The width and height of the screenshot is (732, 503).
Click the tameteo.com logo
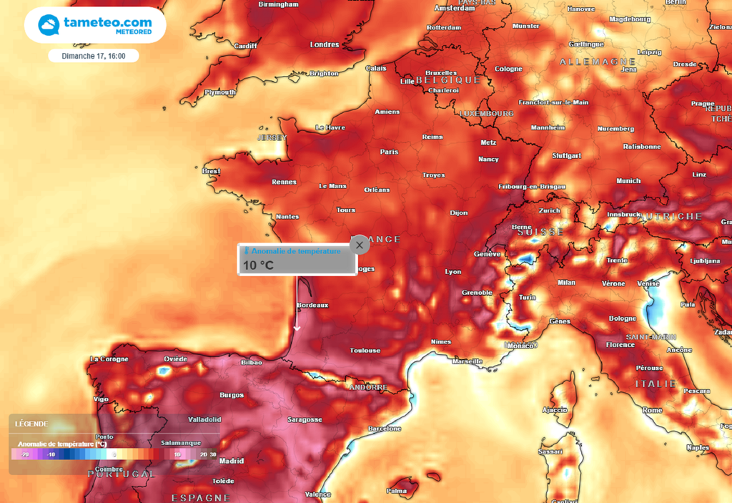click(95, 26)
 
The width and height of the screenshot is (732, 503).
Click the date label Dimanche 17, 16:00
click(94, 56)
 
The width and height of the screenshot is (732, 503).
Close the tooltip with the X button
click(360, 245)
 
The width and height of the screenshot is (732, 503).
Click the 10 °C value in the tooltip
click(258, 265)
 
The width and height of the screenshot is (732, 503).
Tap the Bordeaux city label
click(312, 306)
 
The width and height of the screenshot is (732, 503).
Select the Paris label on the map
click(389, 152)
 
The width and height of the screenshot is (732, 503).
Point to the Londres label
click(324, 44)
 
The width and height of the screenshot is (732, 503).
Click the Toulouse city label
click(365, 351)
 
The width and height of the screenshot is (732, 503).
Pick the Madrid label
click(232, 462)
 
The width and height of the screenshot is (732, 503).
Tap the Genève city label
click(487, 255)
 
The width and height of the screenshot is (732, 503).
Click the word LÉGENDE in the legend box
click(31, 424)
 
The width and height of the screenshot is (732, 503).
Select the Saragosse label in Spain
click(304, 420)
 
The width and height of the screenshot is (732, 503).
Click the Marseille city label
click(468, 361)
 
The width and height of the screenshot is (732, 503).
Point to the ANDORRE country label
click(367, 388)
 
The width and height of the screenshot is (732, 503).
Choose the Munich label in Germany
click(628, 181)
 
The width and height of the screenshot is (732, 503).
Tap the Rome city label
click(652, 410)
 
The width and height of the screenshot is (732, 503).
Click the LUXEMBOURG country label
click(486, 114)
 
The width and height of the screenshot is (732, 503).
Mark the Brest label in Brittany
click(211, 172)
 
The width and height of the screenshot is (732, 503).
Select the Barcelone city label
click(384, 429)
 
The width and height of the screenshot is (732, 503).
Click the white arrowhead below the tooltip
click(297, 328)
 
